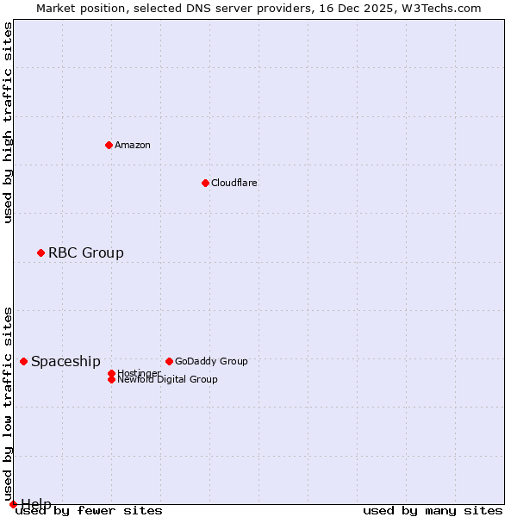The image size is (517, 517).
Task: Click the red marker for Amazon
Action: click(x=109, y=145)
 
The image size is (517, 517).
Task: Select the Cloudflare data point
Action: click(x=205, y=183)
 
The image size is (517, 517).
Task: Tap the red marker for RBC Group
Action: click(x=40, y=252)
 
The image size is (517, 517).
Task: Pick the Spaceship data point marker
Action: click(x=23, y=361)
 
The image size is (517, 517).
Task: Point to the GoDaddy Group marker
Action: click(x=169, y=361)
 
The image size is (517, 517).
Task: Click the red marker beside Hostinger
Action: click(x=111, y=373)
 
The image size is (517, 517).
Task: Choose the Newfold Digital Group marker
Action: click(x=111, y=379)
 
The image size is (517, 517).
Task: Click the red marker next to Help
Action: click(x=13, y=504)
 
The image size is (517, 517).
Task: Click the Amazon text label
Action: click(x=133, y=145)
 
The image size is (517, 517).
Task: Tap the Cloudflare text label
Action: click(x=234, y=183)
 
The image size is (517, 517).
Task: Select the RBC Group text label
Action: click(x=86, y=252)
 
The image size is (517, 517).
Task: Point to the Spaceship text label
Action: click(x=65, y=361)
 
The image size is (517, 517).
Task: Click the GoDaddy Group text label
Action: click(x=211, y=361)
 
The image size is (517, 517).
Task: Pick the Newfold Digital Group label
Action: click(x=167, y=379)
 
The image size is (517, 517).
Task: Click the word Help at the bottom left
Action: click(x=36, y=504)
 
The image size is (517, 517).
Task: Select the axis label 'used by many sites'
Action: click(x=433, y=511)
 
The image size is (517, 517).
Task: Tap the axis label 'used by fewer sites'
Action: click(x=90, y=511)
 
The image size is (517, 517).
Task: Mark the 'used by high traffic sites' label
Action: click(x=8, y=122)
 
